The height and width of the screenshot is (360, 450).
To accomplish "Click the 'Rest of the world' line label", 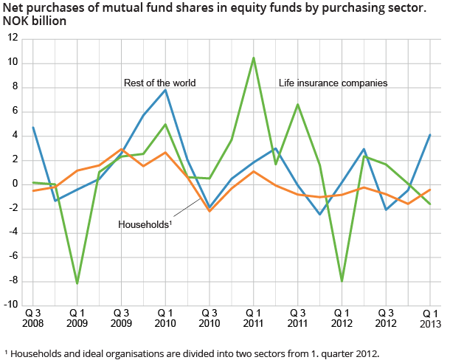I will (159, 83).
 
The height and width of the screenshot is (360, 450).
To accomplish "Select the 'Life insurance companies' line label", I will (333, 83).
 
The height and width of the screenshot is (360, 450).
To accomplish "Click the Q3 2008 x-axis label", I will (33, 317).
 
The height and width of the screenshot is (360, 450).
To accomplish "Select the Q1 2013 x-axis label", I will (430, 317).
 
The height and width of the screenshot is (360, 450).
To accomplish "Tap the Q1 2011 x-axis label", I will (254, 317).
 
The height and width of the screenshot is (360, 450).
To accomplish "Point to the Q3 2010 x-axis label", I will (210, 317).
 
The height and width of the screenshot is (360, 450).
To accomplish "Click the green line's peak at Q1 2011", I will (254, 58).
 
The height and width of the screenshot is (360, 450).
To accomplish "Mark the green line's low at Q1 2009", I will (77, 283).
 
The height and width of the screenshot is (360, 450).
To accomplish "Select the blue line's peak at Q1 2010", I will (166, 89).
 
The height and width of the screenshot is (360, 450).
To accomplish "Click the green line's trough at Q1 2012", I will (342, 281).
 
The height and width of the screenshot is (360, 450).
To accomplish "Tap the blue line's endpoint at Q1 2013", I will (430, 134).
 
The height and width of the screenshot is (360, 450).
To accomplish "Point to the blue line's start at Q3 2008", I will (33, 128).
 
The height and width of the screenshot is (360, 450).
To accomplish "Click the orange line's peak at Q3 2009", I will (122, 149).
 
